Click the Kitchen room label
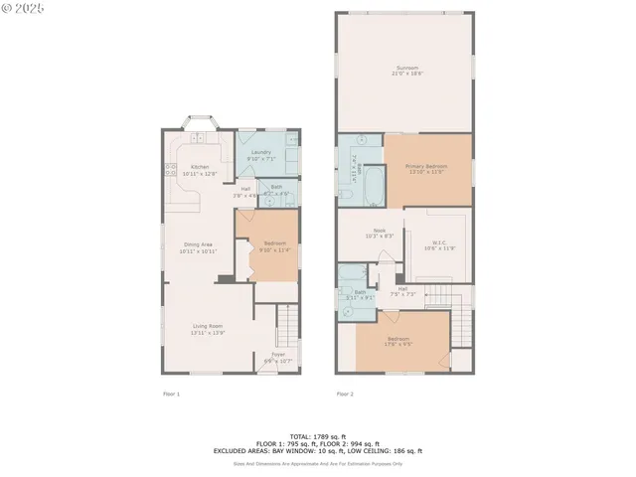point(200,170)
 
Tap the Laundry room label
point(260,154)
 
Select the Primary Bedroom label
point(425,168)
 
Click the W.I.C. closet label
point(439,245)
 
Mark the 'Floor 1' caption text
point(171,395)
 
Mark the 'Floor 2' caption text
point(345,395)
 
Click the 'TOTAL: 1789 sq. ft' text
point(318,436)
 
